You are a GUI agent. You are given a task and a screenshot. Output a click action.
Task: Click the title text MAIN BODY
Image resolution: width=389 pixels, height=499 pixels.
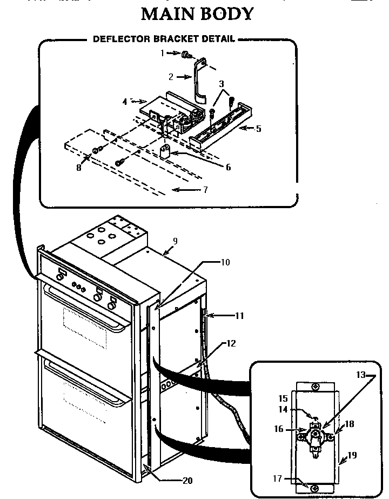point(197,14)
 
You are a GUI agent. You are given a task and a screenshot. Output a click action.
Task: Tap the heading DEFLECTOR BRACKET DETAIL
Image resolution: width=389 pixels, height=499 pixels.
point(164,39)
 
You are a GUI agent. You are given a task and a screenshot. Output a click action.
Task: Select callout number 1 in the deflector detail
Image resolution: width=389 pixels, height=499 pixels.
point(162,53)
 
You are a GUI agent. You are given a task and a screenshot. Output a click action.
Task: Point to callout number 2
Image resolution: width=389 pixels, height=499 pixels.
point(171,77)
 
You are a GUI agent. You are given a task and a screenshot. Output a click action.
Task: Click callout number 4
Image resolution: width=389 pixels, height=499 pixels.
point(125,101)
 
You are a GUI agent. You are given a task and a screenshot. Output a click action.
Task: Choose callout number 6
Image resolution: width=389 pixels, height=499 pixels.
point(228,167)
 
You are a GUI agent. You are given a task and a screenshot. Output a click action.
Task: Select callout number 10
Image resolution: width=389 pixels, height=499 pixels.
point(225,263)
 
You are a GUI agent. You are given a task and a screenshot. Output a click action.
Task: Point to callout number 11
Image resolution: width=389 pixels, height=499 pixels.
point(239,315)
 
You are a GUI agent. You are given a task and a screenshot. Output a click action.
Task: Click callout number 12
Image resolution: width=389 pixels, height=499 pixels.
point(231,343)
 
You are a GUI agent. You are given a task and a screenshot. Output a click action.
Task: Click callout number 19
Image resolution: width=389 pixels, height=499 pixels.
point(352,455)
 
